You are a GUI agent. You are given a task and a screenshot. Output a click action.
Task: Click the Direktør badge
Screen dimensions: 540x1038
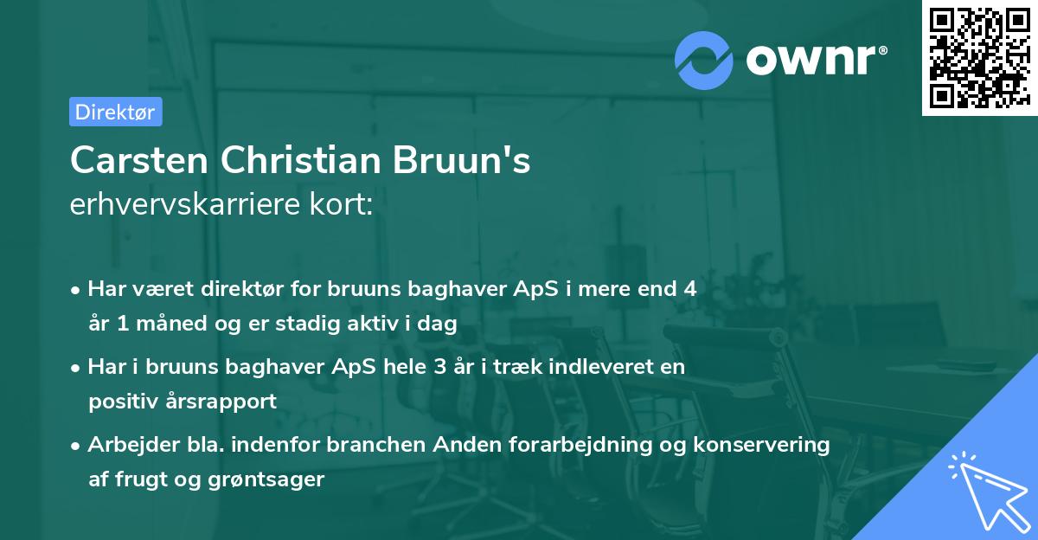[115, 112]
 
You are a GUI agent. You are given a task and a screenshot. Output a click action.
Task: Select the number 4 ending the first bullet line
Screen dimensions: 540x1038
[689, 289]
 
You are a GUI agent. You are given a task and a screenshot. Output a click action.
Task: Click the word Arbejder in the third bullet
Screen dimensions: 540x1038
[126, 445]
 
